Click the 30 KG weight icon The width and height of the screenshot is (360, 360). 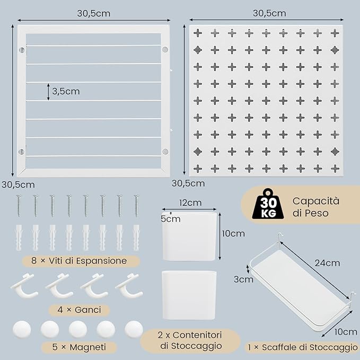pyautogui.click(x=268, y=204)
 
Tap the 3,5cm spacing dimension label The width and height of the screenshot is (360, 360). pyautogui.click(x=66, y=91)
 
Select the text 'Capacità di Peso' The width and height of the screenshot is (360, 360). pyautogui.click(x=316, y=207)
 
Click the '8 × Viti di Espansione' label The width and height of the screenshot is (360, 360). pyautogui.click(x=79, y=261)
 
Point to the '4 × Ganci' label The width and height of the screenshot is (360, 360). pyautogui.click(x=79, y=310)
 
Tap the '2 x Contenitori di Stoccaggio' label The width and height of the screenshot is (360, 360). pyautogui.click(x=190, y=340)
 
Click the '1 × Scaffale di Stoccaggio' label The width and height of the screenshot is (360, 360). pyautogui.click(x=303, y=347)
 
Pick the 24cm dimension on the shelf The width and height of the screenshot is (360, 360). pyautogui.click(x=327, y=263)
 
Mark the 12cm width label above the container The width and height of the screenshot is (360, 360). pyautogui.click(x=190, y=203)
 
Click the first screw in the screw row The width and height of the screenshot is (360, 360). pyautogui.click(x=19, y=206)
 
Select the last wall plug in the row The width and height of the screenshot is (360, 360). pyautogui.click(x=136, y=238)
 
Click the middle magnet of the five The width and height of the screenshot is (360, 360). pyautogui.click(x=78, y=329)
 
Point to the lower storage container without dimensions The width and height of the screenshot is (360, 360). pyautogui.click(x=189, y=295)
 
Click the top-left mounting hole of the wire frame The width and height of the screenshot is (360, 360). pyautogui.click(x=22, y=50)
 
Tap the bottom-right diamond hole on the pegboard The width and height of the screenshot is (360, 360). pyautogui.click(x=335, y=152)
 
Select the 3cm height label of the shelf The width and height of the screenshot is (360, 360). pyautogui.click(x=243, y=279)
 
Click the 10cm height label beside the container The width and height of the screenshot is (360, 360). pyautogui.click(x=233, y=234)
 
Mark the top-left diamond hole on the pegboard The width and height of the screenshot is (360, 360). pyautogui.click(x=198, y=50)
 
